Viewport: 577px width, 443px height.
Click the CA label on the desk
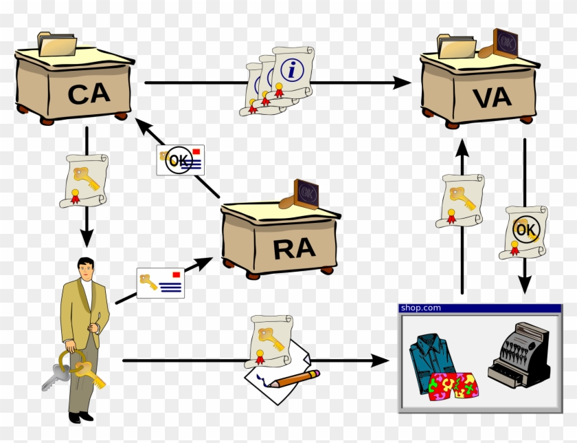pyautogui.click(x=89, y=94)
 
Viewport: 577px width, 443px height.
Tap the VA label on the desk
pyautogui.click(x=493, y=98)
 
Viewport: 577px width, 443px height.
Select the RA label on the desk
pyautogui.click(x=295, y=249)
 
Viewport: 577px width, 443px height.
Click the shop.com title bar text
pyautogui.click(x=420, y=308)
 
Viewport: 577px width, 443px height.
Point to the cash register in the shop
pyautogui.click(x=519, y=354)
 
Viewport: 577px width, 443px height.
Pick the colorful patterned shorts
pyautogui.click(x=453, y=385)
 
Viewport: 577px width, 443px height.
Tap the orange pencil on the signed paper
pyautogui.click(x=294, y=379)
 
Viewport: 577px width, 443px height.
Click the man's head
pyautogui.click(x=85, y=269)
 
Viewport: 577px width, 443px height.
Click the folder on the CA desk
pyautogui.click(x=57, y=44)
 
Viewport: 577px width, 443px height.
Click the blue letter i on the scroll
pyautogui.click(x=292, y=69)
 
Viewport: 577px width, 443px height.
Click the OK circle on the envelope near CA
pyautogui.click(x=179, y=160)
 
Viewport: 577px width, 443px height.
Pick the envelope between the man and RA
pyautogui.click(x=161, y=283)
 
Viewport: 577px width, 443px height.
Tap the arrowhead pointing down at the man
pyautogui.click(x=87, y=238)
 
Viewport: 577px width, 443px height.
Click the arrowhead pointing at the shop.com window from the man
pyautogui.click(x=380, y=360)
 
